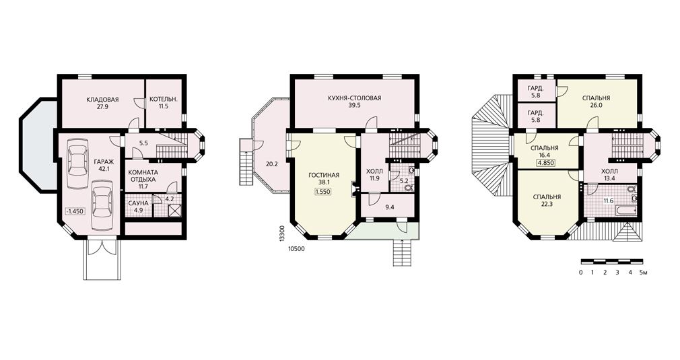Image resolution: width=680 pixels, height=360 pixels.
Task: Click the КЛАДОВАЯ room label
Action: point(102,100)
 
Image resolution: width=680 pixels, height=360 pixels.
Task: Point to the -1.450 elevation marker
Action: point(75,211)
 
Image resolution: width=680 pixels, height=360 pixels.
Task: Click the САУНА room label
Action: point(138,203)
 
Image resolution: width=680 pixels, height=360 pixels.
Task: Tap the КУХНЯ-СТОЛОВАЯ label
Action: point(354,98)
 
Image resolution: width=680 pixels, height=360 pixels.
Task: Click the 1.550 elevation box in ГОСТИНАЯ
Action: point(324,190)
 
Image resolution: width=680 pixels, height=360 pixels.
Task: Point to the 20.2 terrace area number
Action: point(271,164)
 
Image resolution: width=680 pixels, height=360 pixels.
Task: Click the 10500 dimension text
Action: point(296,249)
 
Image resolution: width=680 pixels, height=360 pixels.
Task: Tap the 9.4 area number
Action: point(389,207)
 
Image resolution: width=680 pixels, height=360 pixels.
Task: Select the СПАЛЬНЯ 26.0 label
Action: point(596,102)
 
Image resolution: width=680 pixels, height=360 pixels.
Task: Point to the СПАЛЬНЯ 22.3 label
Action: point(547,200)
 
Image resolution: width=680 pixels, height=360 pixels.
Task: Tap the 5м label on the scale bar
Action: point(644,273)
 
